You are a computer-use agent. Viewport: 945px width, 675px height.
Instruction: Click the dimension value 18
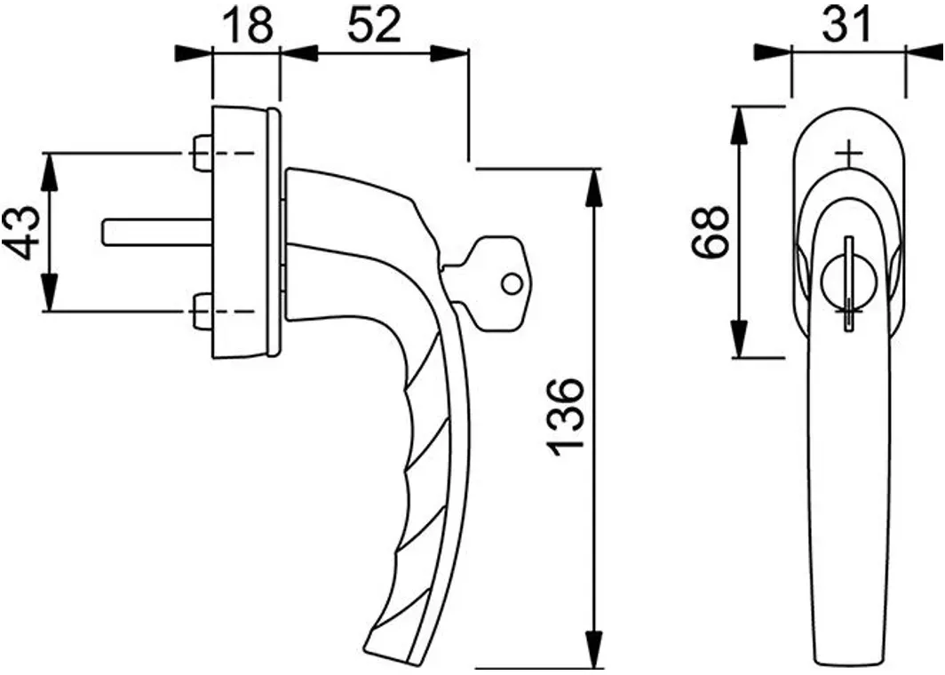point(247,27)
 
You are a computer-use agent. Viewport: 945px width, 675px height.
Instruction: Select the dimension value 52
point(374,27)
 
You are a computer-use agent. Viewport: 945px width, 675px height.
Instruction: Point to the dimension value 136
point(566,415)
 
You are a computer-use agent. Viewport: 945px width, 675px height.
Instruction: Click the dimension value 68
point(711,232)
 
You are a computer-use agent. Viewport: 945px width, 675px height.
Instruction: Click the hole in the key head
point(511,283)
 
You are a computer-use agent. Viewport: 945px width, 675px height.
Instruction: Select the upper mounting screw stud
point(202,153)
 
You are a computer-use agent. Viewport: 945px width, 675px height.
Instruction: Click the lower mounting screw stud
point(202,311)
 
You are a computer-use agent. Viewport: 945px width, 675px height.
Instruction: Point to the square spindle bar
point(158,233)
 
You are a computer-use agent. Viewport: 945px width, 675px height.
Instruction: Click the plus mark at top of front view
point(849,155)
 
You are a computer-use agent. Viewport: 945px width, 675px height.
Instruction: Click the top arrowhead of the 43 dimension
point(51,172)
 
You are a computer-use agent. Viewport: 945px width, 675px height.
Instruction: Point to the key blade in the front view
point(849,283)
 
